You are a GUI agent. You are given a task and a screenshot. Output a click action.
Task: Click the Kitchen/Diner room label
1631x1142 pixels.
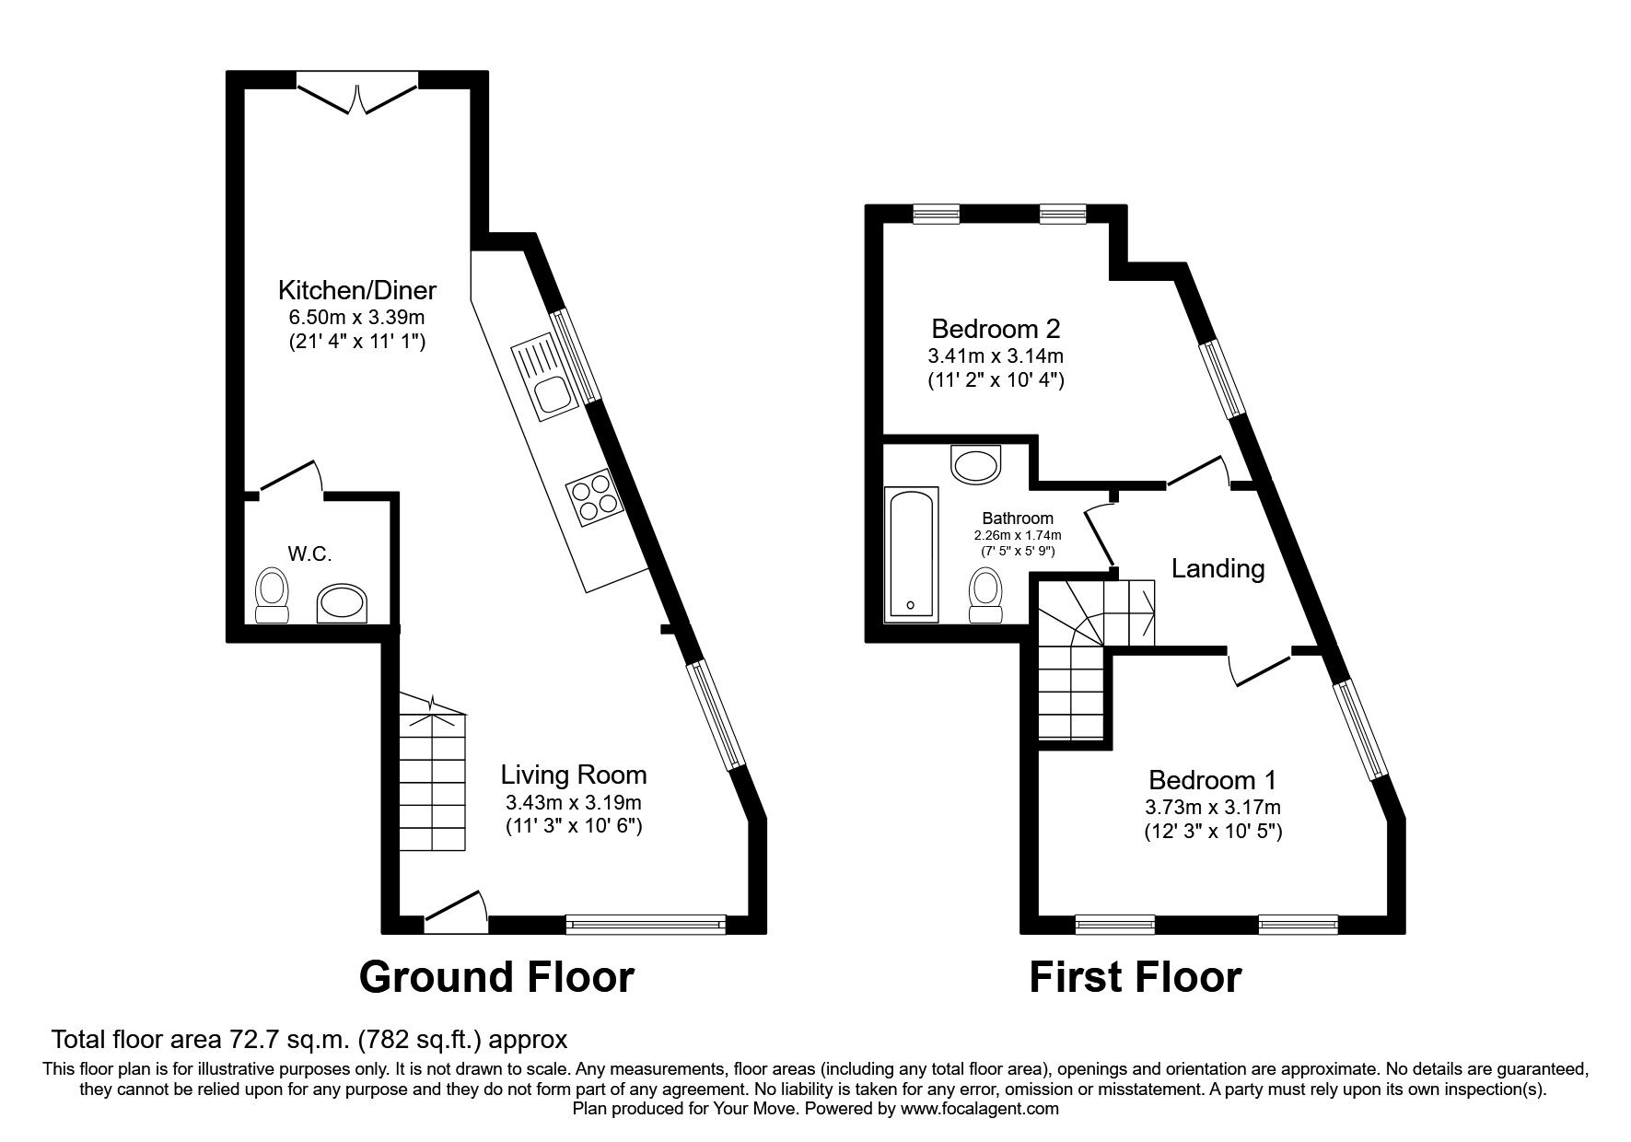(x=357, y=291)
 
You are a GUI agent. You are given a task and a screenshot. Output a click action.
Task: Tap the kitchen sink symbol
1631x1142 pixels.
(x=546, y=378)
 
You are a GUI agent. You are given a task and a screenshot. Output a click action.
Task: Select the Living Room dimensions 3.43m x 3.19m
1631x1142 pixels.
(x=573, y=802)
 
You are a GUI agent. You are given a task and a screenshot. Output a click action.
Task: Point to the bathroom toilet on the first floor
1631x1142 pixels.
(x=985, y=597)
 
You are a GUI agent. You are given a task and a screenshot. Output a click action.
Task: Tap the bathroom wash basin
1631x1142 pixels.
(x=974, y=464)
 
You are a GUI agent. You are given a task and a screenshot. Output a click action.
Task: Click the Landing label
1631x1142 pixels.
(x=1217, y=568)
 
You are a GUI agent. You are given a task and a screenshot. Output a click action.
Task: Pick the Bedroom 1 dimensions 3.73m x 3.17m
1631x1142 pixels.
(x=1212, y=808)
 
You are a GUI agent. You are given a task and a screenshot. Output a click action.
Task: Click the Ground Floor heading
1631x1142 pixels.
(x=496, y=977)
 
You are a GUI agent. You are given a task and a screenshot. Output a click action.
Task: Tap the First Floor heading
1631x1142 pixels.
(x=1135, y=977)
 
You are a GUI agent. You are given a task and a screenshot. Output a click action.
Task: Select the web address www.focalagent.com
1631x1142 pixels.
(x=979, y=1110)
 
